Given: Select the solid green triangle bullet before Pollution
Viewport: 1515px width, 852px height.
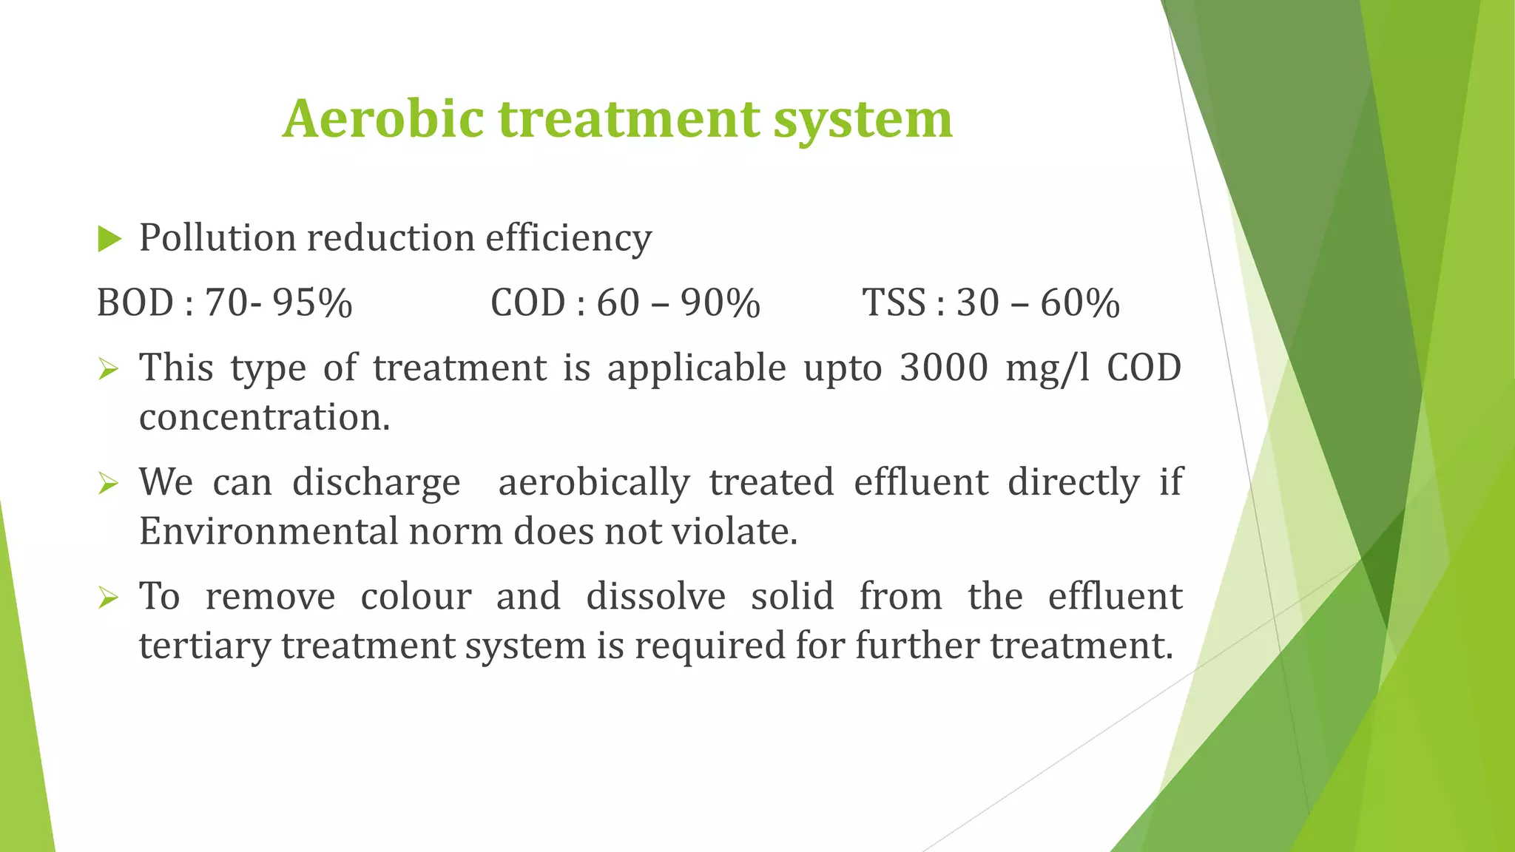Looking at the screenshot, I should tap(109, 239).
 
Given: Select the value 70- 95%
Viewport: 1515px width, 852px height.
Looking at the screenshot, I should tap(279, 303).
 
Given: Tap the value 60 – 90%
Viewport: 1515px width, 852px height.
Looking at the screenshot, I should tap(678, 303).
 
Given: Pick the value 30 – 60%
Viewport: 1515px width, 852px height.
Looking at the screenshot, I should tap(1038, 303).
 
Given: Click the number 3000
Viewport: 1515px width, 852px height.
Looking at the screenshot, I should tap(944, 368).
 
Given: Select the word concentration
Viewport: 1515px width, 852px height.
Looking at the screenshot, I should tap(264, 418).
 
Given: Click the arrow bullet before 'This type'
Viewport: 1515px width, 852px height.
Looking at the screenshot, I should tap(108, 368).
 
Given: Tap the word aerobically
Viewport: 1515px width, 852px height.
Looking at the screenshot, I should tap(594, 483).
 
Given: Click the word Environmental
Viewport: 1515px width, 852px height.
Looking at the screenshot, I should tap(268, 532).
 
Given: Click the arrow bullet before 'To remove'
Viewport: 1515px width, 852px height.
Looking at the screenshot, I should tap(108, 597).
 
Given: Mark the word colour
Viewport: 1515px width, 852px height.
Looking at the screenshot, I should tap(416, 597).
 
